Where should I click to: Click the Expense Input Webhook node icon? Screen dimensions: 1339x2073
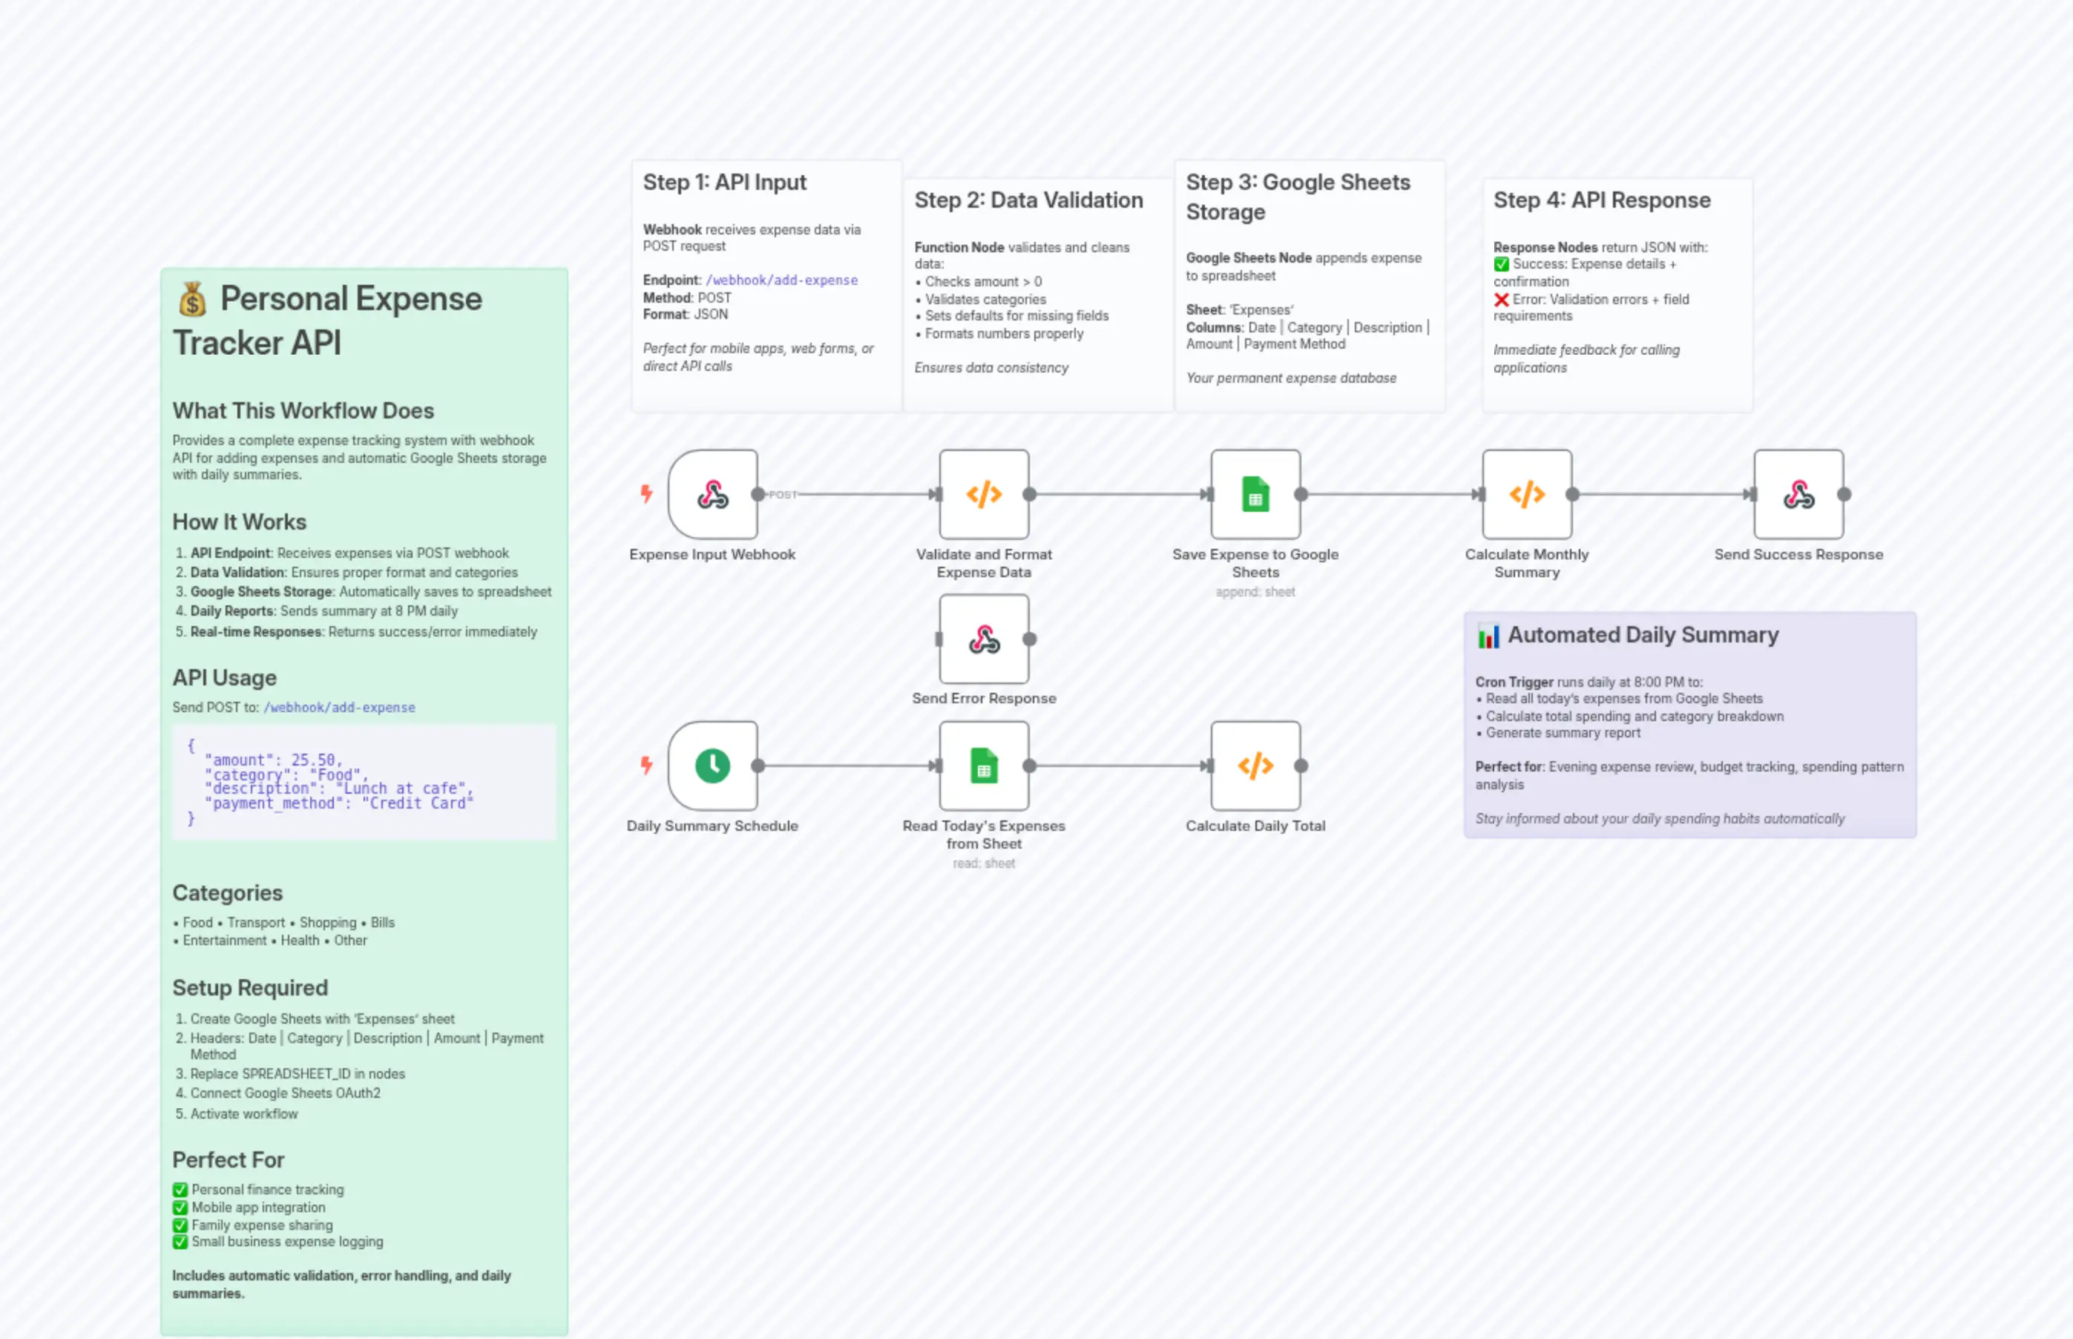click(x=712, y=495)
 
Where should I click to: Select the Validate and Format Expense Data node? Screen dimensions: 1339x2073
click(x=984, y=495)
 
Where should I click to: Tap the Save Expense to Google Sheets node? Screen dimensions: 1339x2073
click(x=1255, y=495)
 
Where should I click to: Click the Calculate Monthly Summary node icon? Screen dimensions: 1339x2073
click(x=1526, y=495)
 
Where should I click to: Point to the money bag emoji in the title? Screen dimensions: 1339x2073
click(x=192, y=300)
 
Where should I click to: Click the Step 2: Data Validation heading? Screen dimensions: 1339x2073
click(x=1028, y=200)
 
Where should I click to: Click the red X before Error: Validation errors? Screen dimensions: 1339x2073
click(x=1501, y=300)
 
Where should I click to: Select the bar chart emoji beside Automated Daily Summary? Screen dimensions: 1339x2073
click(x=1488, y=636)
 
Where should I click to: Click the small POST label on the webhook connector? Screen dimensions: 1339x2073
click(x=782, y=495)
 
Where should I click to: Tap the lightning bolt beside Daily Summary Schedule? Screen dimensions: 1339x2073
click(x=646, y=765)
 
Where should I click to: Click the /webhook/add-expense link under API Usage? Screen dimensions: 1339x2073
click(x=339, y=708)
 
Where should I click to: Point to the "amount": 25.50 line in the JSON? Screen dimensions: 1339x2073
click(x=273, y=760)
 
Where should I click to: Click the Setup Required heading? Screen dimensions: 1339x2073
click(x=249, y=987)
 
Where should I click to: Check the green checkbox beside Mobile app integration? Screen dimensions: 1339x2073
click(x=180, y=1208)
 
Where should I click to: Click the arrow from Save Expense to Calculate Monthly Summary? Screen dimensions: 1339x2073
click(x=1391, y=495)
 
